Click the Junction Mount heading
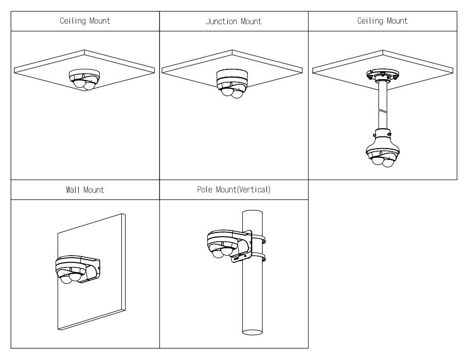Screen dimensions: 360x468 point(233,21)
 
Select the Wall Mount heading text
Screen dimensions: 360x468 point(85,190)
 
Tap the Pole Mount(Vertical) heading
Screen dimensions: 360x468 point(233,190)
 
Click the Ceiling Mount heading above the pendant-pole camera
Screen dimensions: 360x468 point(382,21)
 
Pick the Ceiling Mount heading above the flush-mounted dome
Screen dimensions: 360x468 point(85,21)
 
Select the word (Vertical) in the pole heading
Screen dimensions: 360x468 point(253,190)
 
